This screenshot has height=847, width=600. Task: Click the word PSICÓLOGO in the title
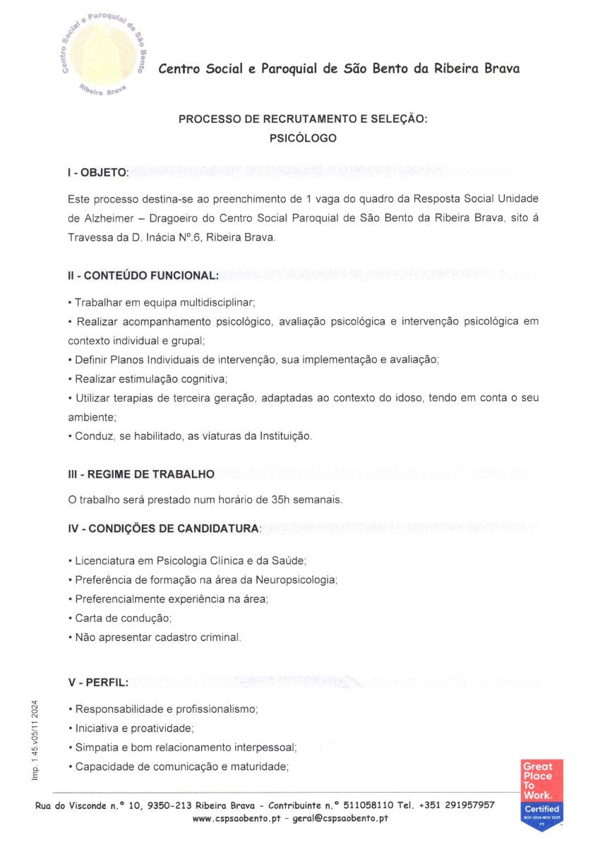click(x=303, y=138)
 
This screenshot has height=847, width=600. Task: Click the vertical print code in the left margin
click(x=35, y=738)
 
